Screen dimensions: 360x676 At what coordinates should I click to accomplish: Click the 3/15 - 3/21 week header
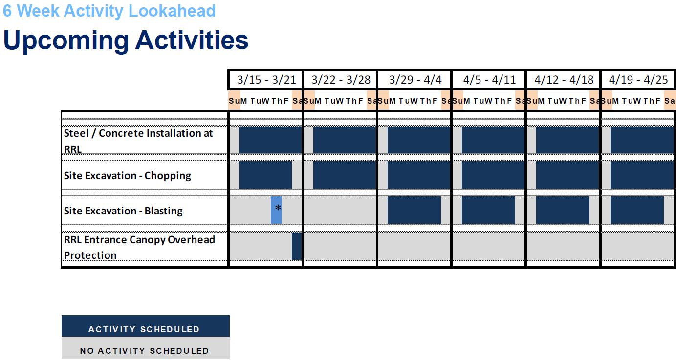coord(266,80)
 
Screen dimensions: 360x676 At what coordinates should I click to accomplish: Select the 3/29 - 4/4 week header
coord(415,80)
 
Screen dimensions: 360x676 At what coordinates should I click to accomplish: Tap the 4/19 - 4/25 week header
coord(638,80)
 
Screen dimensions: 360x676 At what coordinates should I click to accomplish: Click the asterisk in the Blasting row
coord(278,209)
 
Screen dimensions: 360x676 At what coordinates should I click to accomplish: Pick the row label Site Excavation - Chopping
coord(128,176)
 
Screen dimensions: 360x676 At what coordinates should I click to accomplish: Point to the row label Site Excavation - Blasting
coord(123,211)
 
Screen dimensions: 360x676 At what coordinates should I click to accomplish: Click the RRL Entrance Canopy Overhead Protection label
coord(139,247)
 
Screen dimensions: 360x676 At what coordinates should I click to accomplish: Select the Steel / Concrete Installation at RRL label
coord(138,140)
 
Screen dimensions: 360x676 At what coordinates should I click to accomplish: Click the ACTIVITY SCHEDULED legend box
coord(145,326)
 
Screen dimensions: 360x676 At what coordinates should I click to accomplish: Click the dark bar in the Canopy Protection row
coord(297,246)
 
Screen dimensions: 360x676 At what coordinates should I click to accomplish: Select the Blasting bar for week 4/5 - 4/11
coord(488,210)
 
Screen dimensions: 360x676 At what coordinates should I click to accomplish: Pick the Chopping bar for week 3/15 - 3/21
coord(265,174)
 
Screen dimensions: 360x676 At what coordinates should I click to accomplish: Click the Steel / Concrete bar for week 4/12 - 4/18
coord(567,140)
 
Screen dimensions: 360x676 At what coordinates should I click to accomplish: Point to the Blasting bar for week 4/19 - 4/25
coord(637,210)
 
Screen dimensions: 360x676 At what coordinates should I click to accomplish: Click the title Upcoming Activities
coord(126,41)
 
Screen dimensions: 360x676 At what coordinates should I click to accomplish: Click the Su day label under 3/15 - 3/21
coord(232,101)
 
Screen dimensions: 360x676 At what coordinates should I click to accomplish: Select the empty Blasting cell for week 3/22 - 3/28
coord(340,210)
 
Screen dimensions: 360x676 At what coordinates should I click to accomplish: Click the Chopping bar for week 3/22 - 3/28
coord(345,174)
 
